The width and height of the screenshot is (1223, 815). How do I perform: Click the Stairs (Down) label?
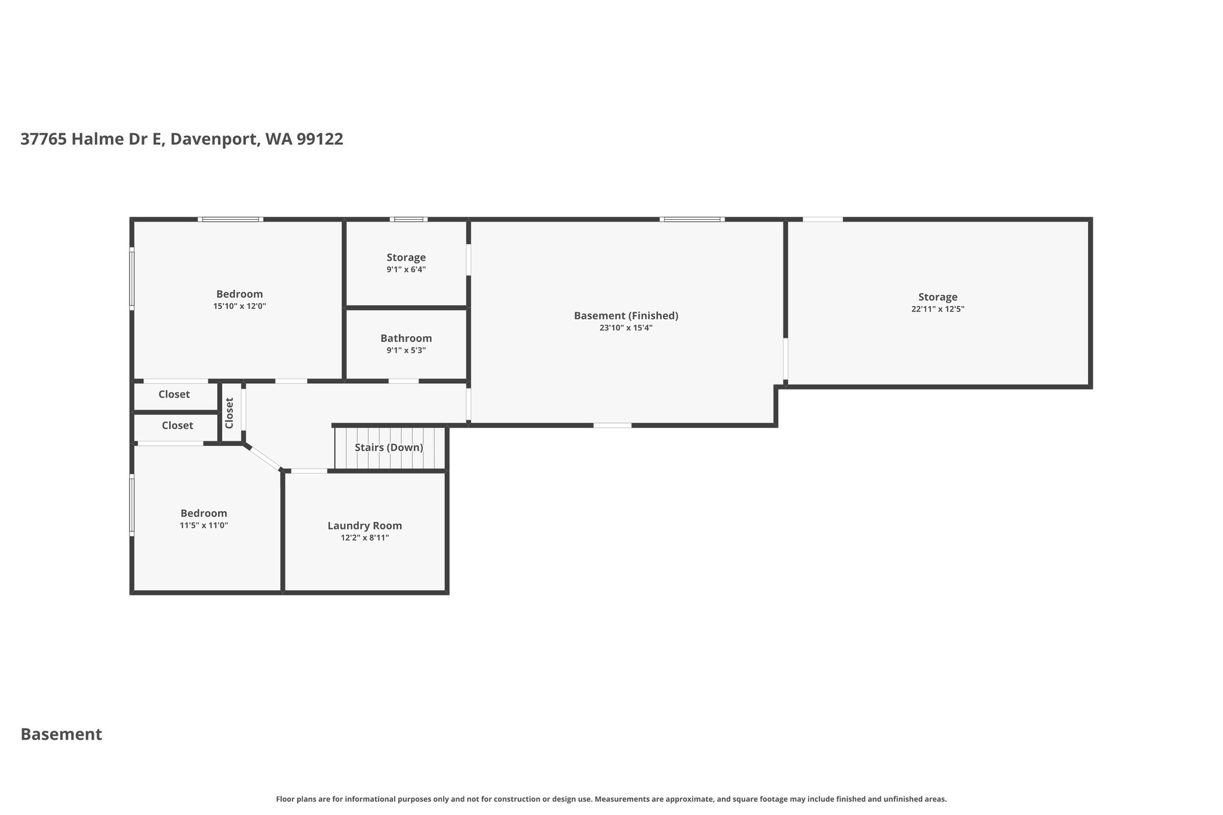[x=389, y=448]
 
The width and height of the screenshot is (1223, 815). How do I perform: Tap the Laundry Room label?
[x=365, y=526]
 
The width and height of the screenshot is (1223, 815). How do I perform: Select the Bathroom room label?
[x=406, y=339]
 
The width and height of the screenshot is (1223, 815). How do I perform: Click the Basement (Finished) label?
[x=626, y=316]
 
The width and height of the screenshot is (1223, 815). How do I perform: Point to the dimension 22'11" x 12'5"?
[x=938, y=309]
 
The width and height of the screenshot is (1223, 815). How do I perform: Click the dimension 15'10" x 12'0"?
[x=239, y=306]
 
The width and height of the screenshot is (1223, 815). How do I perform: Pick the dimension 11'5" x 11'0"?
[x=204, y=525]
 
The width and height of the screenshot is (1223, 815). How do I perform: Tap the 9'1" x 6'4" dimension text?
[x=406, y=270]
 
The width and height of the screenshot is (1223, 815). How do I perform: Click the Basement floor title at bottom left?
[x=62, y=734]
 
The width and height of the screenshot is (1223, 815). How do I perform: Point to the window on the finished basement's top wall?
[x=692, y=220]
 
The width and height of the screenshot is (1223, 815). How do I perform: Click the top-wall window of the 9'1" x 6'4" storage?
[x=408, y=220]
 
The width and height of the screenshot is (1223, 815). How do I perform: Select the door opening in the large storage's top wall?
[x=823, y=220]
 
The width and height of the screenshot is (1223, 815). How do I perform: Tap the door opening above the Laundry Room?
[x=309, y=471]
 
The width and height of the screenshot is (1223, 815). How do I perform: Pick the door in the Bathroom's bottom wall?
[x=404, y=381]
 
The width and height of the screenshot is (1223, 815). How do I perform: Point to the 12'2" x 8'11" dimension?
[x=365, y=538]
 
